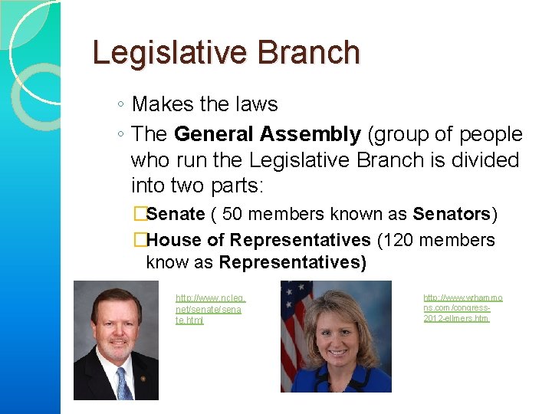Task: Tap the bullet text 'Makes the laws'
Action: tap(204, 104)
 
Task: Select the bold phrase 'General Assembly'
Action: tap(267, 135)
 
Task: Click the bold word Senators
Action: tap(452, 213)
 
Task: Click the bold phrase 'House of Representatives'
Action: tap(258, 240)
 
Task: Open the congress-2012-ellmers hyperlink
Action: tap(462, 307)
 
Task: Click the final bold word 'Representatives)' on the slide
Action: tap(292, 263)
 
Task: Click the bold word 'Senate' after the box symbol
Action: tap(175, 213)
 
